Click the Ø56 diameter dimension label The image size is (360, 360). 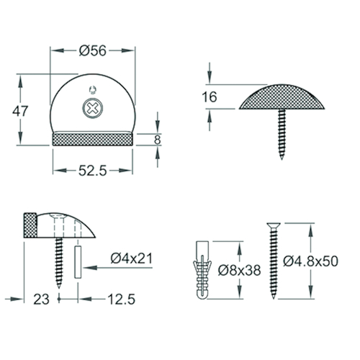(x=93, y=51)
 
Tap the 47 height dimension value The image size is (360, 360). (x=20, y=111)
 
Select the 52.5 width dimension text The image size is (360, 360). (x=93, y=171)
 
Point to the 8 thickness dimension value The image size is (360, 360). (x=157, y=140)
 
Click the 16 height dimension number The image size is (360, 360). (x=210, y=97)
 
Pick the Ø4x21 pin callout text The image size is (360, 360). (x=132, y=258)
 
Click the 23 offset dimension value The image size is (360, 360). (x=41, y=300)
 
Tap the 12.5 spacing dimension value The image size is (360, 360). (x=122, y=300)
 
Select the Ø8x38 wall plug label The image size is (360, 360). (x=239, y=270)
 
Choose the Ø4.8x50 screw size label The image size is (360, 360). (x=310, y=261)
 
